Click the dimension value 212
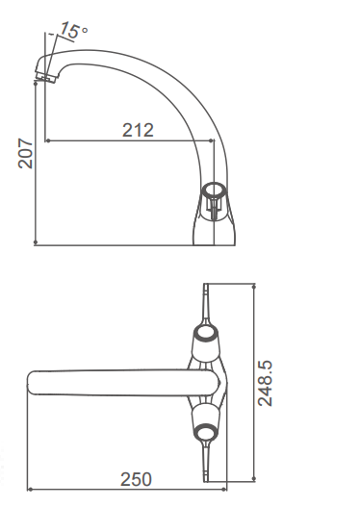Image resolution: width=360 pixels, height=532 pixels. [139, 131]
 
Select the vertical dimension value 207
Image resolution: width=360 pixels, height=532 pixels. [26, 154]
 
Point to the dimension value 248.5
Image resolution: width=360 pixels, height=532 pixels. [267, 383]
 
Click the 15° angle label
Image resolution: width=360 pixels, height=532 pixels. [73, 31]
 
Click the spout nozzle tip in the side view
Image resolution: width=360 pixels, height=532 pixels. [42, 73]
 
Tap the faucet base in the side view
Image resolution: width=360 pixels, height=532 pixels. [217, 231]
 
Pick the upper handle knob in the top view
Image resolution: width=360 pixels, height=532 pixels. [206, 335]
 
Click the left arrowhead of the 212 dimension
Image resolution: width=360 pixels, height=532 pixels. [50, 140]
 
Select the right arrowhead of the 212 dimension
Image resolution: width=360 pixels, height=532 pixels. [213, 140]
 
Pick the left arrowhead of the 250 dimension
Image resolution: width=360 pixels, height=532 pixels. [30, 490]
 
